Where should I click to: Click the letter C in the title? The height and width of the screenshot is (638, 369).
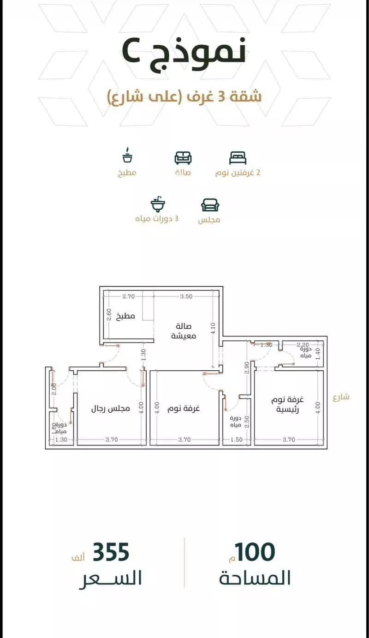point(131,53)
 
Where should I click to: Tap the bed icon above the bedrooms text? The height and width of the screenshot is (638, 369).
point(238,158)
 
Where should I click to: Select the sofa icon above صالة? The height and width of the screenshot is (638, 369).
point(183,158)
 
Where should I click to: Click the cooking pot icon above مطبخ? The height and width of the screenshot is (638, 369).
point(127,155)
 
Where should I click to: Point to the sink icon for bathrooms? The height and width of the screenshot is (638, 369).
point(158,204)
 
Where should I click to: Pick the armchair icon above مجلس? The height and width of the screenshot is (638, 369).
point(210,205)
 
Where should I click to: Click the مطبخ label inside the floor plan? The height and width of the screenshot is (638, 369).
point(125,316)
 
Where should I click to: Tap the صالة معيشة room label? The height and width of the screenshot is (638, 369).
point(184,331)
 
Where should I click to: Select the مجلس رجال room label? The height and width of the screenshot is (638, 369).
point(111,409)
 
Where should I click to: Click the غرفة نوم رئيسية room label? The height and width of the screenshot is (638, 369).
point(287,404)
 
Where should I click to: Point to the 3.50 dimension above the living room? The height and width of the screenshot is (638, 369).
point(186,296)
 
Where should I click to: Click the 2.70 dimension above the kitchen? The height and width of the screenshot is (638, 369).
point(128,296)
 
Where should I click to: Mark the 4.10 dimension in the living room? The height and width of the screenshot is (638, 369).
point(214,329)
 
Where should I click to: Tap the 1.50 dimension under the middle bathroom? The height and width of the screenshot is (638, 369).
point(237,439)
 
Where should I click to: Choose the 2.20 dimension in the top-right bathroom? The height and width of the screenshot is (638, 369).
point(303,345)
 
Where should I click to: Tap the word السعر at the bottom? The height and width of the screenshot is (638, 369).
point(110,578)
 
